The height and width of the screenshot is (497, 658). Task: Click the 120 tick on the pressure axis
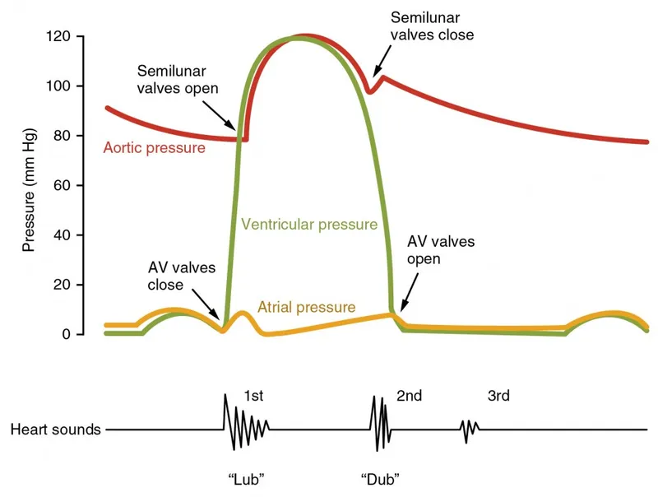click(x=59, y=37)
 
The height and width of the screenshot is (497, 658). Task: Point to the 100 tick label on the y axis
click(x=59, y=86)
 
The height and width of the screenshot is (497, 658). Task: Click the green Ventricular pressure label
click(x=309, y=224)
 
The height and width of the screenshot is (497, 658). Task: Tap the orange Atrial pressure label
click(x=307, y=308)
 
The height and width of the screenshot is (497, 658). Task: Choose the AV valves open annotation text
click(x=441, y=250)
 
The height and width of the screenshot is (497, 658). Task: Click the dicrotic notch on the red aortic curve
click(x=370, y=91)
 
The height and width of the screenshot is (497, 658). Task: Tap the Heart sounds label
click(x=56, y=430)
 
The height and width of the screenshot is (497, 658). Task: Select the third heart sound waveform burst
click(x=469, y=429)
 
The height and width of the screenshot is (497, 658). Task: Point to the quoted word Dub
click(x=380, y=478)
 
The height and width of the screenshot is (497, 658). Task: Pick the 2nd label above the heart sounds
click(x=409, y=396)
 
